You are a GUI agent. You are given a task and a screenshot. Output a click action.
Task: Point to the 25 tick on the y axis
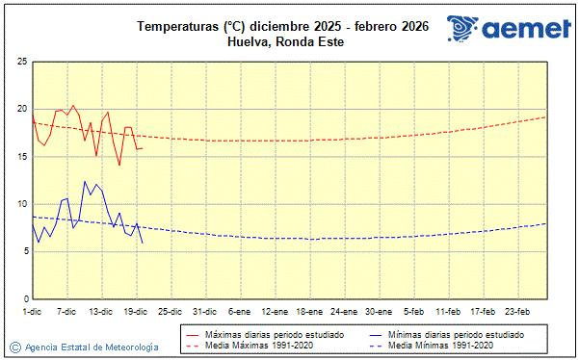click(21, 62)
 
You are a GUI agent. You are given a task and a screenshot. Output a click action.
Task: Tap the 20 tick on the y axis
click(21, 109)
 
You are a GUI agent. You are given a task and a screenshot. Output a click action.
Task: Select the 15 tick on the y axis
click(21, 156)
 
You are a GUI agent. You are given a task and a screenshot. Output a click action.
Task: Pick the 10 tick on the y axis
click(21, 204)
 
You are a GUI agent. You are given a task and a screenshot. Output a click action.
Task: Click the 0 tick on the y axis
click(23, 298)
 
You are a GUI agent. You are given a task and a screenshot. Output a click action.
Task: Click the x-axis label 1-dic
click(32, 311)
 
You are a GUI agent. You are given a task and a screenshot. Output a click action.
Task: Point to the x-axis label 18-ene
click(309, 311)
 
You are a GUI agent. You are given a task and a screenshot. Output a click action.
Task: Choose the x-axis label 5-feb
click(414, 311)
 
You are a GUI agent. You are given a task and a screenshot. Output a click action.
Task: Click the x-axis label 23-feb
click(518, 311)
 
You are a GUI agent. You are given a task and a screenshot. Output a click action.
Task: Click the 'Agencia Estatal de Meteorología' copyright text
click(92, 347)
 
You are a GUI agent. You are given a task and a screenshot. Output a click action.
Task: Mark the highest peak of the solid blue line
click(85, 181)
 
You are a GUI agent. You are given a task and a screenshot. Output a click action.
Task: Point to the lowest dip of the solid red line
click(119, 166)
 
